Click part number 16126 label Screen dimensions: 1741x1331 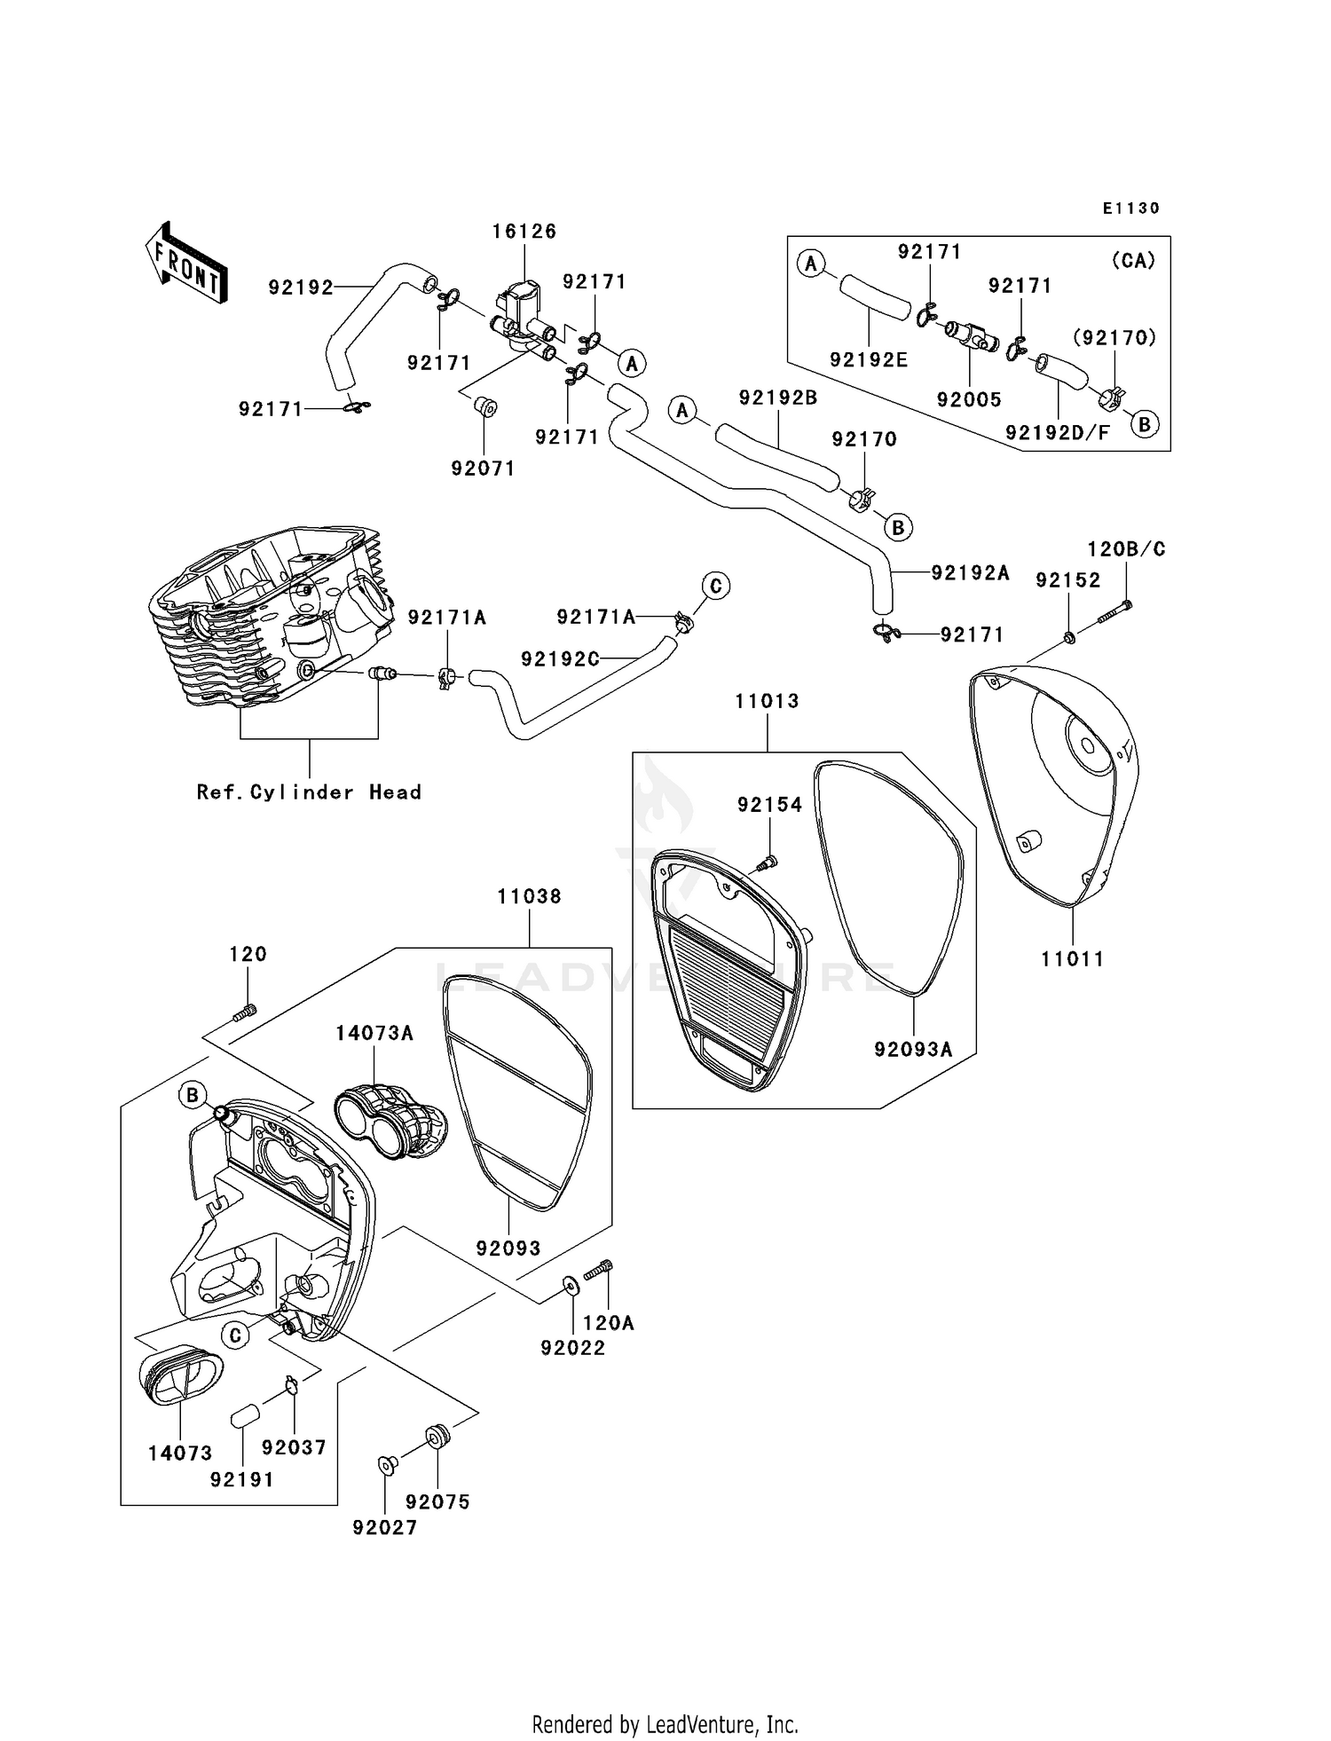(x=524, y=232)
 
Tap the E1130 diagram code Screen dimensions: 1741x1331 (x=1131, y=209)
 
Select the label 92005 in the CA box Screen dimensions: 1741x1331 (x=969, y=400)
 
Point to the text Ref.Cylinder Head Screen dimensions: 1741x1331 (x=309, y=792)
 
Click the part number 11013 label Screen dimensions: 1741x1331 (x=767, y=702)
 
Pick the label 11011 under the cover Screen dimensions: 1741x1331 (x=1072, y=959)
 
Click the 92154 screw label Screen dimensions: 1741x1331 (x=769, y=805)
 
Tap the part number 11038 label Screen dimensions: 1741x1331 (x=529, y=897)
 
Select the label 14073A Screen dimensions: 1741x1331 (x=374, y=1034)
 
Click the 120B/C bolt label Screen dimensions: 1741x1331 (x=1126, y=550)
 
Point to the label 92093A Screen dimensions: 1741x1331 (x=913, y=1050)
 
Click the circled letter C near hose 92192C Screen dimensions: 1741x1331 (x=716, y=587)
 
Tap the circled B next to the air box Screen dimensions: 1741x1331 (x=192, y=1095)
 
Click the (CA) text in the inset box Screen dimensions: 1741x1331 (x=1133, y=262)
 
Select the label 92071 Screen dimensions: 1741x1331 (x=483, y=469)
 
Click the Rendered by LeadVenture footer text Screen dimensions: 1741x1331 (x=665, y=1724)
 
